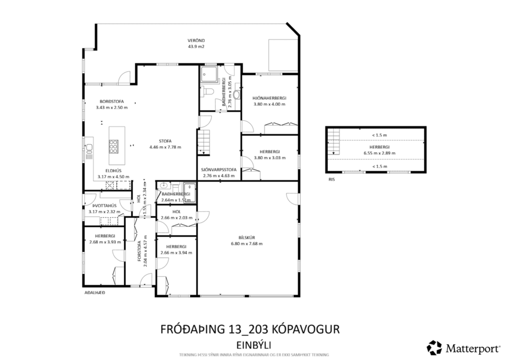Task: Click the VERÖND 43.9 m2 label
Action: [x=191, y=43]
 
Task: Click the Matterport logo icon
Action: [x=434, y=347]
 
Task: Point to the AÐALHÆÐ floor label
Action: [x=94, y=293]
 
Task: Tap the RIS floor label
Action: [x=331, y=179]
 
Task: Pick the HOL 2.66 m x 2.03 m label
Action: [x=176, y=215]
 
